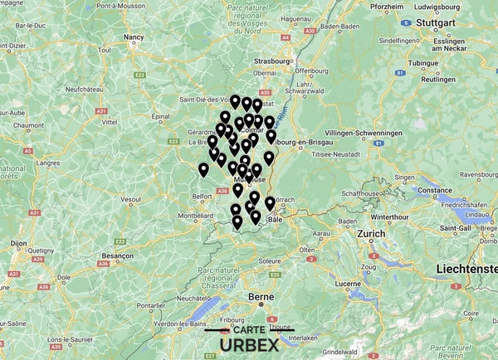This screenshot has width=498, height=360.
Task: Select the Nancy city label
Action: (x=134, y=37)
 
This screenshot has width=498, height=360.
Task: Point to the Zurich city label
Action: (x=371, y=234)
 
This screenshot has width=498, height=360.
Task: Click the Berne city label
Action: (x=261, y=297)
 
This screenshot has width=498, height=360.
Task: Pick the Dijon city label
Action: (x=18, y=244)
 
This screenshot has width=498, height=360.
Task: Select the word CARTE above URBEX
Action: (x=250, y=330)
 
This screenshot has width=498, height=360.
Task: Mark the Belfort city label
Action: (x=203, y=196)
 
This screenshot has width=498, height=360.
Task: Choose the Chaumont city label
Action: (x=28, y=125)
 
